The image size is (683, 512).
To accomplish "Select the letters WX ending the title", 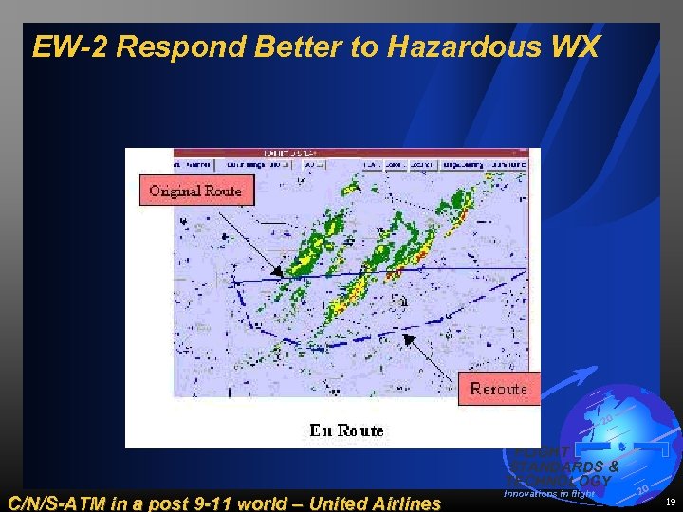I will (577, 46).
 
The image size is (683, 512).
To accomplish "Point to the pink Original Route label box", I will (195, 191).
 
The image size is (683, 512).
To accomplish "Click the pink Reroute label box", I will (499, 389).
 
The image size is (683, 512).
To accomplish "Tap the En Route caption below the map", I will (346, 430).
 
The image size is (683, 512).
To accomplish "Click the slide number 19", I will (670, 503).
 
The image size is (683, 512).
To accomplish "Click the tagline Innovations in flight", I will (550, 493).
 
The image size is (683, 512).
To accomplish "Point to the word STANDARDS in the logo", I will (563, 466).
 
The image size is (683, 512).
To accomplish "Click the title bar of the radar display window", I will (332, 153).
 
